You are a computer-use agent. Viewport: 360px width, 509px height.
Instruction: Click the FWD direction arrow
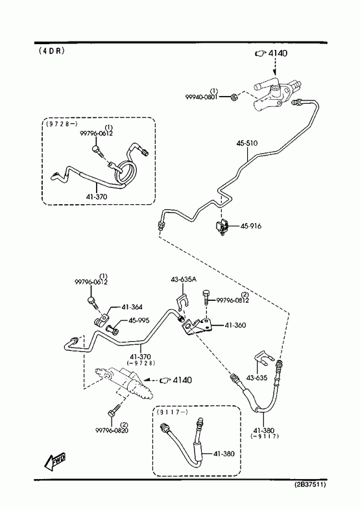click(x=54, y=462)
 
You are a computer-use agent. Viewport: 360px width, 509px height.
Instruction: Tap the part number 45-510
click(x=246, y=143)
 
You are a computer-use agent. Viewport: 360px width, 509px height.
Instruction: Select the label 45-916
click(x=250, y=226)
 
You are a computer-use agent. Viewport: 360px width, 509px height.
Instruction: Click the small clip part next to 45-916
click(x=222, y=227)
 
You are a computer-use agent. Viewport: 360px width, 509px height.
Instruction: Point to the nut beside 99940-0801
click(x=234, y=97)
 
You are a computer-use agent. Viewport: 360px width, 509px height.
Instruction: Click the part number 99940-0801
click(x=201, y=97)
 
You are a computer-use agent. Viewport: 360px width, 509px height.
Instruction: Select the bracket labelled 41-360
click(x=198, y=326)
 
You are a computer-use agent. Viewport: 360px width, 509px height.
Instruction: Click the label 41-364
click(x=132, y=307)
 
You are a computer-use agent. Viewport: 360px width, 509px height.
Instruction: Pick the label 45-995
click(x=139, y=320)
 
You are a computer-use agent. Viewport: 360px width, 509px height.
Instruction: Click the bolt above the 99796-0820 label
click(x=114, y=410)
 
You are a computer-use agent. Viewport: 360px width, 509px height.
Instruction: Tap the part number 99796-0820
click(x=112, y=431)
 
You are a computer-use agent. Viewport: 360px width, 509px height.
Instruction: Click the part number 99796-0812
click(x=232, y=301)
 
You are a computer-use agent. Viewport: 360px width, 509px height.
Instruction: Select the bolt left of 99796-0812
click(x=207, y=296)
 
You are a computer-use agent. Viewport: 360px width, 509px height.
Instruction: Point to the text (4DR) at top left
click(x=52, y=51)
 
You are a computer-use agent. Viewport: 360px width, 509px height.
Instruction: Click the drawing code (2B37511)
click(x=310, y=484)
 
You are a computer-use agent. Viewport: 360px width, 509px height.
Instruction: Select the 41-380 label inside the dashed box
click(x=224, y=454)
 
